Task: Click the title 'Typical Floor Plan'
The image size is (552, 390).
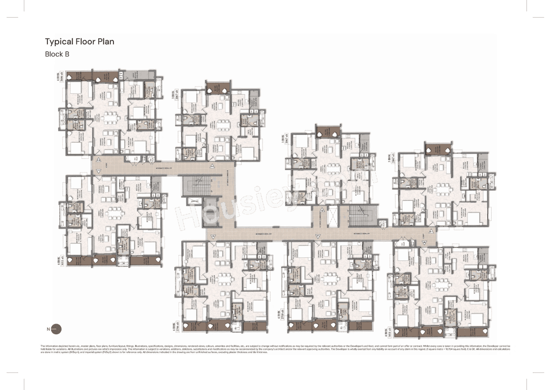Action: point(80,42)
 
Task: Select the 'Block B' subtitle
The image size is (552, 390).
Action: point(57,54)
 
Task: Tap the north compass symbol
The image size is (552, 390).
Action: point(56,329)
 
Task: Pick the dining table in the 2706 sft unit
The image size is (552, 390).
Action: point(224,279)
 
